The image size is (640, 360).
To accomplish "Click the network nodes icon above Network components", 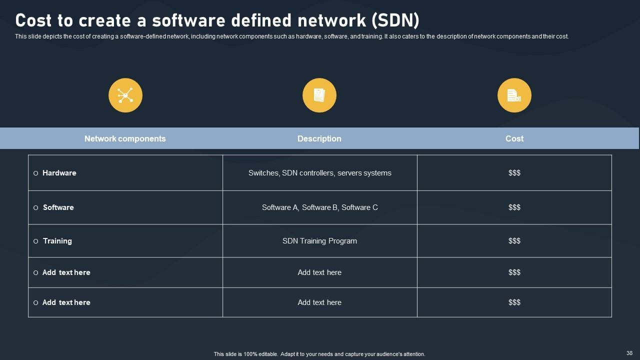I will click(125, 95).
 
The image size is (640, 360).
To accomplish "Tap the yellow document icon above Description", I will click(319, 95).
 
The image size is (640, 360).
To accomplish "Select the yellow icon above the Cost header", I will click(514, 95).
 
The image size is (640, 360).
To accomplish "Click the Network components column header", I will click(125, 138).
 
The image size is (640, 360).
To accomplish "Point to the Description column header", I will click(319, 138).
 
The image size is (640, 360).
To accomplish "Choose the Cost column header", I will click(514, 138).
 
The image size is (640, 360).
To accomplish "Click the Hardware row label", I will click(59, 173).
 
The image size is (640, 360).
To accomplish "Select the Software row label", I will click(58, 207).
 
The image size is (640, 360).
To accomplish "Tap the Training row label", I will click(57, 241).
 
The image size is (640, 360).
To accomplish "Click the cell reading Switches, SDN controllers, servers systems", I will click(320, 173).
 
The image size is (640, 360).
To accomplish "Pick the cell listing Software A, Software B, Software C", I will click(320, 207).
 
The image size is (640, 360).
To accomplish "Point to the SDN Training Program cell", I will click(320, 241).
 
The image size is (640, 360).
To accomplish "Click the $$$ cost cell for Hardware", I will click(514, 173).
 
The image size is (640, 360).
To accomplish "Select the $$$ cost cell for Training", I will click(514, 241).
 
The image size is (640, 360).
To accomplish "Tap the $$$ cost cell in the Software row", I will click(514, 207).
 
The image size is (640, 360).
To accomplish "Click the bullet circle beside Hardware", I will click(35, 173).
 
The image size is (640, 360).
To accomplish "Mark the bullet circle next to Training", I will click(35, 241).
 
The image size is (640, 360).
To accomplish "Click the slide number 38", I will click(629, 353).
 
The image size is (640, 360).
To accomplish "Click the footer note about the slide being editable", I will click(319, 354).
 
